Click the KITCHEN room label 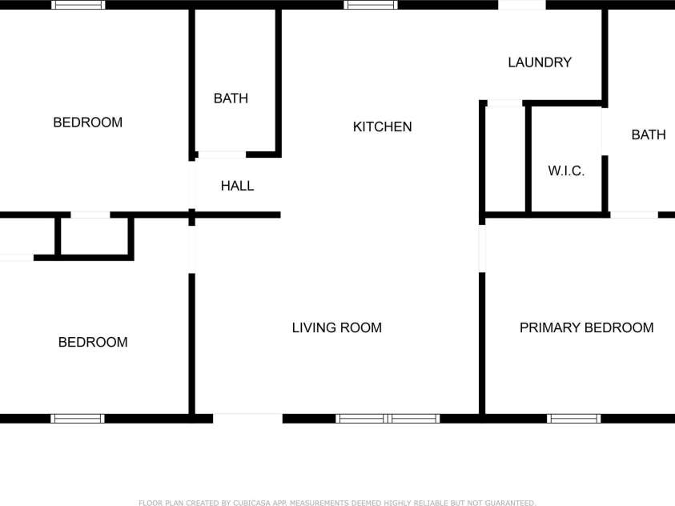[x=382, y=127]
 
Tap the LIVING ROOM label [x=336, y=327]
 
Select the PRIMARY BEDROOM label [x=586, y=327]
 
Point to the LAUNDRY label [x=540, y=62]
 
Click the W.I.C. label [x=566, y=171]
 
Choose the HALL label [x=237, y=186]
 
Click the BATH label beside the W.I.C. [x=648, y=135]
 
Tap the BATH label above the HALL [x=231, y=98]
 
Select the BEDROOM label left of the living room [x=93, y=342]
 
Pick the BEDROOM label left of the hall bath [x=87, y=122]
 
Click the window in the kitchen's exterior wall [x=371, y=5]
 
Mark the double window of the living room [x=388, y=418]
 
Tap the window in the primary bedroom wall [x=573, y=418]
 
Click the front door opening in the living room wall [x=247, y=418]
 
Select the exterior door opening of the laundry [x=521, y=5]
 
